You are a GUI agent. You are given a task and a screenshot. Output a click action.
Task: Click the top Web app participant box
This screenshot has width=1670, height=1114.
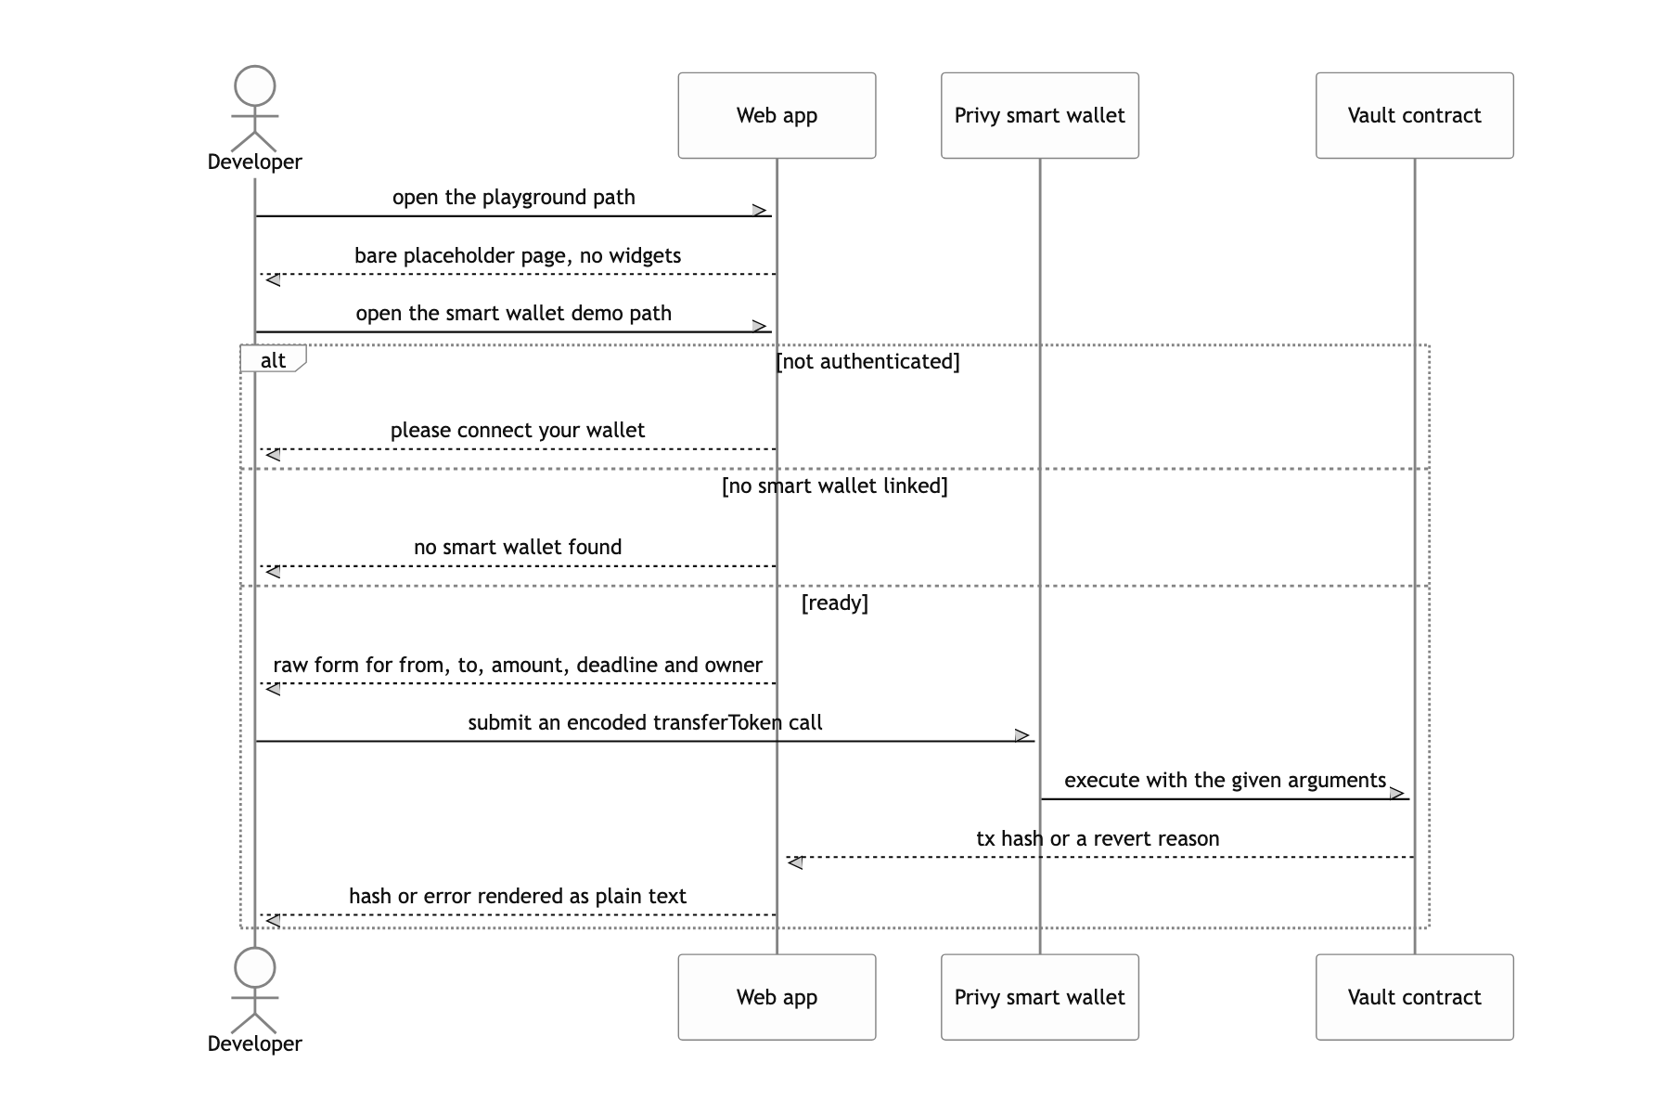(x=777, y=115)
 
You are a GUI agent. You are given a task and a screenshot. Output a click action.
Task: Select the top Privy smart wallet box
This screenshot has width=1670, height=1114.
(x=1039, y=115)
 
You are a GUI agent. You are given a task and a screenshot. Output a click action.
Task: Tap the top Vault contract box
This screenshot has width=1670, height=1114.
(x=1414, y=115)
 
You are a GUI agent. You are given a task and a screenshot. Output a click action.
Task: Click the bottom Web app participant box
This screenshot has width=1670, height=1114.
(x=777, y=997)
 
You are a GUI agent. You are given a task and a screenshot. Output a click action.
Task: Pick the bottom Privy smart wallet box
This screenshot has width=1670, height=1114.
(x=1039, y=997)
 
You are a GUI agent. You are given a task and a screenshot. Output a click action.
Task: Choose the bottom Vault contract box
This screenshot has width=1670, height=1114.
(x=1414, y=997)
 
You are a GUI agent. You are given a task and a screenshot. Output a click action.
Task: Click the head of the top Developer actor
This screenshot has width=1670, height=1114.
(x=255, y=86)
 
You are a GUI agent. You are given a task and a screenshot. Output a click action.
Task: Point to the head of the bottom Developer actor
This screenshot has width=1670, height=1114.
(x=255, y=968)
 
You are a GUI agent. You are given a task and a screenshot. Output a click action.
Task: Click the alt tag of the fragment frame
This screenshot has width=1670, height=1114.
(x=273, y=359)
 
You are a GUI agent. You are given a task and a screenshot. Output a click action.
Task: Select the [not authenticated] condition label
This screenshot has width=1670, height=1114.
(x=867, y=361)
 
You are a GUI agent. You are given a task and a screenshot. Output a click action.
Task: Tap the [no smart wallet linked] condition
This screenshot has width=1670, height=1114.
(x=835, y=486)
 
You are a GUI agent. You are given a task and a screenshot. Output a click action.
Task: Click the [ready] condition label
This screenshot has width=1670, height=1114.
(x=835, y=602)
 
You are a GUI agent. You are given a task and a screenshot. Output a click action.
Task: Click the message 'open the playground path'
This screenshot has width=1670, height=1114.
(x=513, y=197)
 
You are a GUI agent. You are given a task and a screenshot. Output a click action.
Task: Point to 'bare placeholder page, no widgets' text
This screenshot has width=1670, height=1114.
(x=518, y=255)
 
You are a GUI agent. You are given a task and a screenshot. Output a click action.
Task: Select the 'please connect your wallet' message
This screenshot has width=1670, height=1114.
(x=518, y=430)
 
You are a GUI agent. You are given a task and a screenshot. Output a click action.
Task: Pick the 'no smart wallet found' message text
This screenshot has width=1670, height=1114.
(x=518, y=547)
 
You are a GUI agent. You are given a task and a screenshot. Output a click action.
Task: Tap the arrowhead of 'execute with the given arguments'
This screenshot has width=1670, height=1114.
(x=1398, y=794)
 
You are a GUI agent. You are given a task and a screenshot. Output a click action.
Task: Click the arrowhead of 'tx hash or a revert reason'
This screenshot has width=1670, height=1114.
(x=795, y=862)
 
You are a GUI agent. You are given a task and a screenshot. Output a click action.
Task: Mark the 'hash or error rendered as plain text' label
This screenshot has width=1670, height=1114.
(x=518, y=896)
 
